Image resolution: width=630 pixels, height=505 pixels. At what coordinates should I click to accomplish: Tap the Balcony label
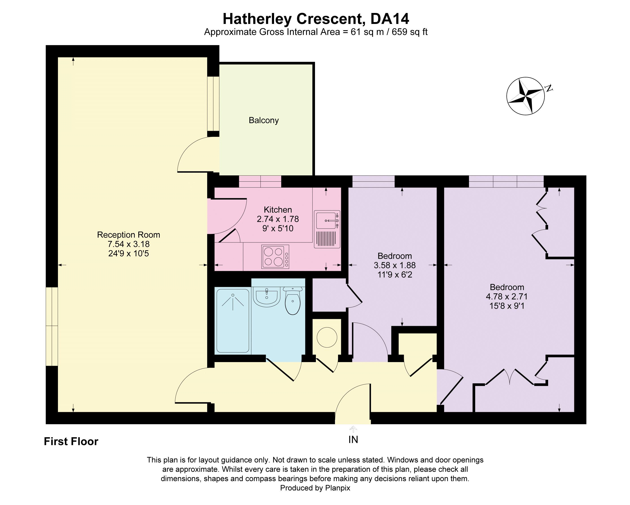264,120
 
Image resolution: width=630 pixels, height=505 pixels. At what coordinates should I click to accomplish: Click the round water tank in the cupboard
327,337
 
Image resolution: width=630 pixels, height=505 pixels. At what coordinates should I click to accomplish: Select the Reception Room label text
129,235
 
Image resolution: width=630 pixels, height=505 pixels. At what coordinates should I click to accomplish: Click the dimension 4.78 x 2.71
507,297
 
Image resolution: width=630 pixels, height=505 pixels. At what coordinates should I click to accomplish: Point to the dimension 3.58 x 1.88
394,265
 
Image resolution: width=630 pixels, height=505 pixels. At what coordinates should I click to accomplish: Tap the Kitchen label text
278,210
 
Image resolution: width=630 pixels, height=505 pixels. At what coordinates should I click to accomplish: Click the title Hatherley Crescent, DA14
316,19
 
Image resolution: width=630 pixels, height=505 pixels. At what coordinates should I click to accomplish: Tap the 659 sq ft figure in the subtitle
409,32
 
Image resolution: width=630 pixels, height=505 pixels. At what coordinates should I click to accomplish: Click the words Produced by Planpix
315,488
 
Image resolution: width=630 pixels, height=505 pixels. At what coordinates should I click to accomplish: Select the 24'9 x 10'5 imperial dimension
129,254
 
